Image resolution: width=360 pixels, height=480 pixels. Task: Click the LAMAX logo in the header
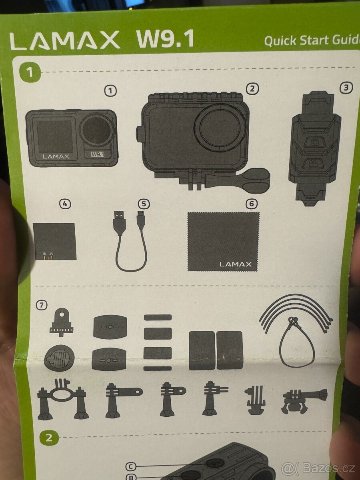click(x=65, y=40)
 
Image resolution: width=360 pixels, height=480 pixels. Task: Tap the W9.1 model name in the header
click(x=165, y=39)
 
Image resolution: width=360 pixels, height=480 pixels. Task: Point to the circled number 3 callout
click(x=346, y=88)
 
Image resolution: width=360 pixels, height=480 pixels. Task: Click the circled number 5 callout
click(x=144, y=204)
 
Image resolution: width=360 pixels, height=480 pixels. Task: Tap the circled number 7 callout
click(x=42, y=305)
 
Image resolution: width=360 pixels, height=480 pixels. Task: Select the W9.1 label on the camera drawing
click(x=98, y=154)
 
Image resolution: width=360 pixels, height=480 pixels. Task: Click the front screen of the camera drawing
click(x=54, y=136)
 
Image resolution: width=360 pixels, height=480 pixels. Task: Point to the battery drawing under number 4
click(x=54, y=241)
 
